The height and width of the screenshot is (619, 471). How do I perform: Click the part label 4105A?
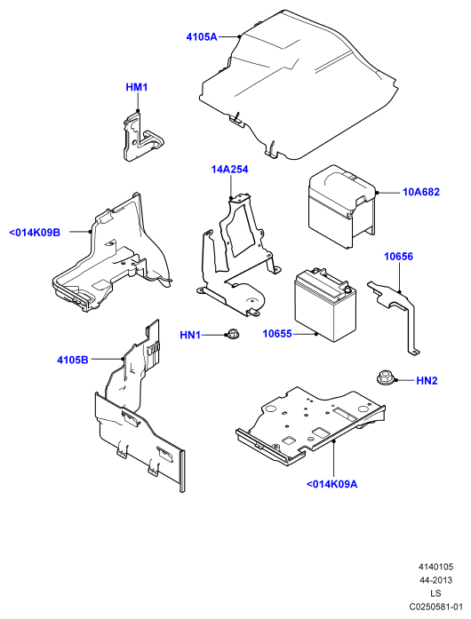pyautogui.click(x=202, y=37)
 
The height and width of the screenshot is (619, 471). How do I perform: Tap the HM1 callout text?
pyautogui.click(x=137, y=87)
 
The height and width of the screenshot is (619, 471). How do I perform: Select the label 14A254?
pyautogui.click(x=229, y=170)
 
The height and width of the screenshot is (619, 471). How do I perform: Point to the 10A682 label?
pyautogui.click(x=421, y=192)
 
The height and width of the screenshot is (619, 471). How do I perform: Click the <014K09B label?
pyautogui.click(x=35, y=233)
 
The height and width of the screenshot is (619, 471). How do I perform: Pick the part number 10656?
pyautogui.click(x=398, y=257)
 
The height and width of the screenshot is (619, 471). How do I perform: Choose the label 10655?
pyautogui.click(x=277, y=334)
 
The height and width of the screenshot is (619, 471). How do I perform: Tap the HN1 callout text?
pyautogui.click(x=190, y=335)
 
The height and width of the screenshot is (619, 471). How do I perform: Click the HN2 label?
pyautogui.click(x=427, y=381)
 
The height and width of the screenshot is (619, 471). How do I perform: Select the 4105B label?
pyautogui.click(x=73, y=360)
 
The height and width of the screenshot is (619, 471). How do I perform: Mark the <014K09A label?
pyautogui.click(x=331, y=484)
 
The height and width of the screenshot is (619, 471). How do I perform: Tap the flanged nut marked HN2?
pyautogui.click(x=383, y=377)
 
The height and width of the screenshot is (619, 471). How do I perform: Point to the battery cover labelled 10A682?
pyautogui.click(x=341, y=206)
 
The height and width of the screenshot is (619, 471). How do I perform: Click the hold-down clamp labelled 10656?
pyautogui.click(x=395, y=312)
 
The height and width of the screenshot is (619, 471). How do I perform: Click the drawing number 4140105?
pyautogui.click(x=435, y=567)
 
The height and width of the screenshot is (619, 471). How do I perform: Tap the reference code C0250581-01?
pyautogui.click(x=435, y=607)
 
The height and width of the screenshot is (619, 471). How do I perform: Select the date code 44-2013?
pyautogui.click(x=435, y=580)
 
